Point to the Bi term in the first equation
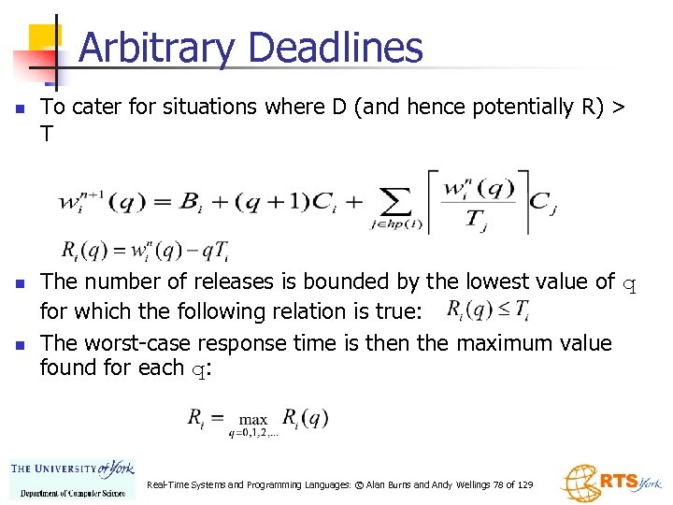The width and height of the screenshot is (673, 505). (x=193, y=202)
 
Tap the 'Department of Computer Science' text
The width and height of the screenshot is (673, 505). (x=73, y=492)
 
